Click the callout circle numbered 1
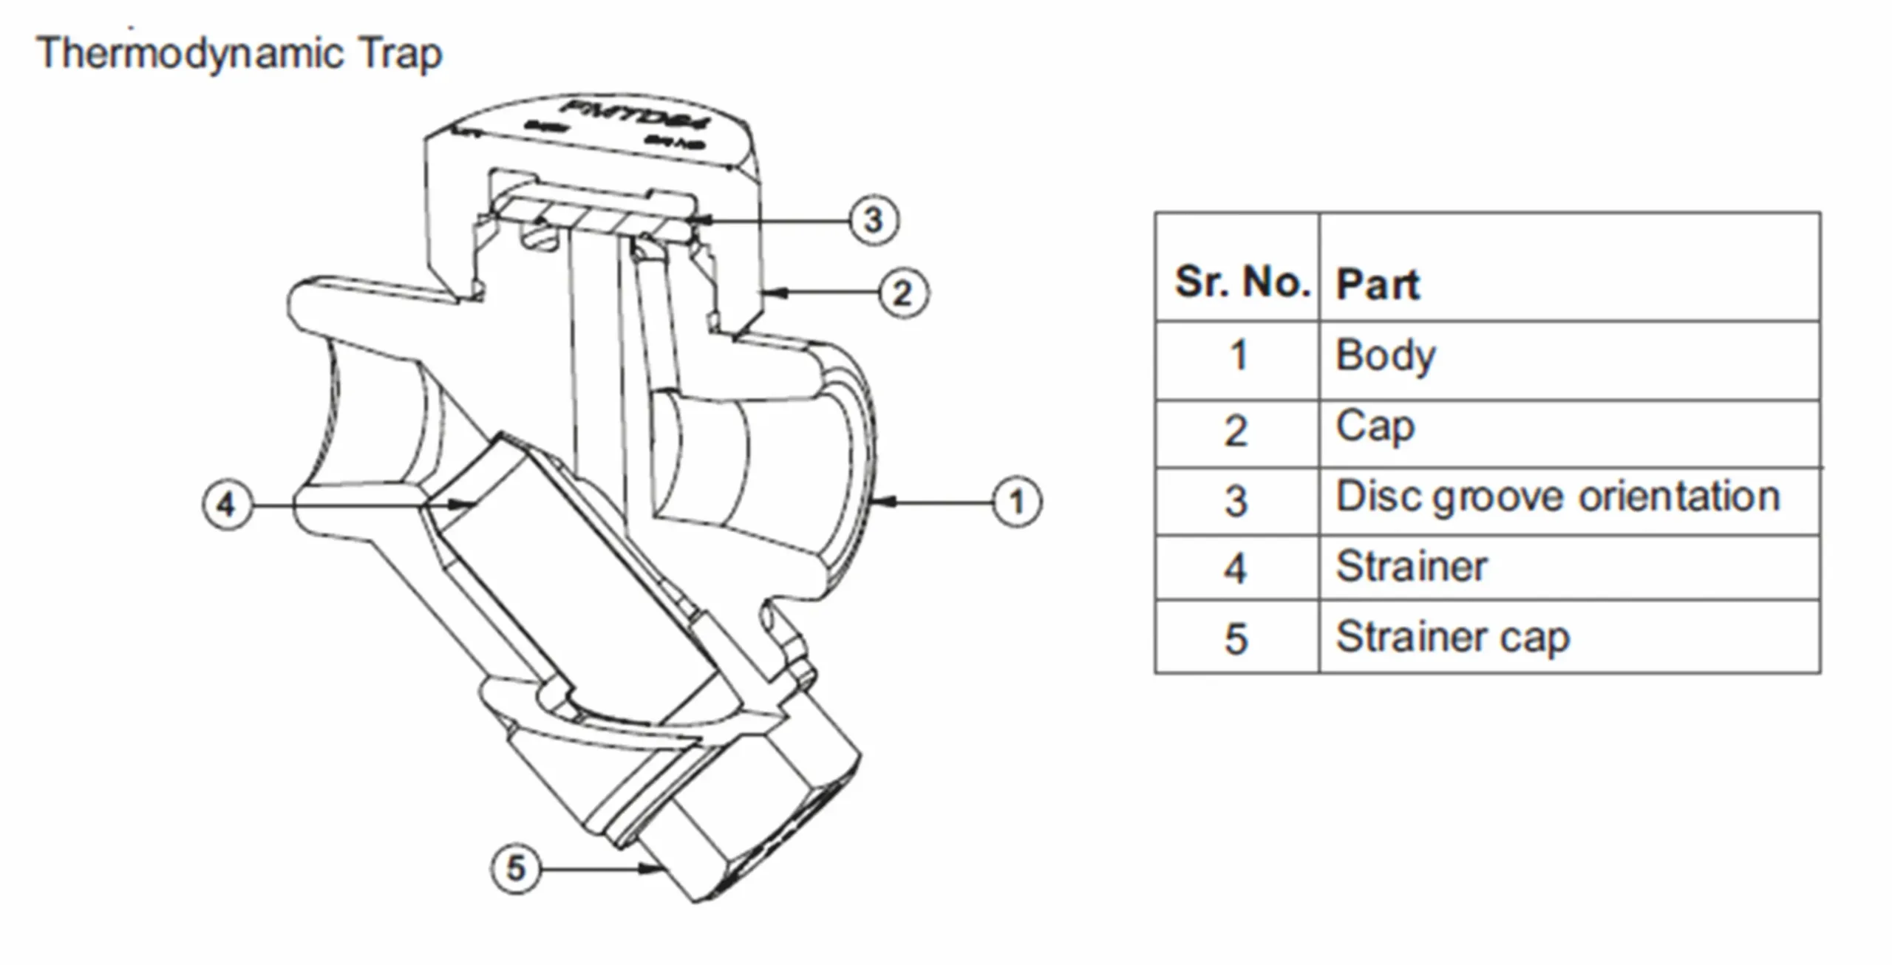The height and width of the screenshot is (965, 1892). [1017, 502]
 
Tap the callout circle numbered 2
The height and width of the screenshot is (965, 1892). [903, 293]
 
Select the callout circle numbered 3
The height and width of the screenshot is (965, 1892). [874, 220]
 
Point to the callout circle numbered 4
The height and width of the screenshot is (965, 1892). [227, 505]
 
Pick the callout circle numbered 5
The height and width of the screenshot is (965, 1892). [515, 868]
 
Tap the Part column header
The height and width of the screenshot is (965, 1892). [1378, 284]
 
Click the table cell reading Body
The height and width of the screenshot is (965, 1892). [1385, 356]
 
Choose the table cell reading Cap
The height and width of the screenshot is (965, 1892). [1375, 427]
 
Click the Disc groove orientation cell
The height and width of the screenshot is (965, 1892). [1557, 497]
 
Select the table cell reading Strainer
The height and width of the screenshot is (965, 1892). [1411, 567]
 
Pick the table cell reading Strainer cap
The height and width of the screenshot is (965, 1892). [1452, 637]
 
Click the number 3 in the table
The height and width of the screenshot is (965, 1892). [1236, 501]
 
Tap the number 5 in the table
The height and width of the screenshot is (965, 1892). [1236, 639]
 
